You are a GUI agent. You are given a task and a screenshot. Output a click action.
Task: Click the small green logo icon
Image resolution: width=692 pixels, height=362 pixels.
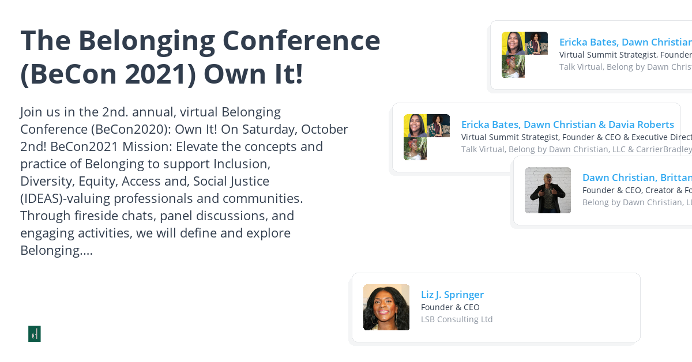(x=35, y=334)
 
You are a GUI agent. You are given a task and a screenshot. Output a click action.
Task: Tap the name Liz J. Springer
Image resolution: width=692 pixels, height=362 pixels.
(x=452, y=295)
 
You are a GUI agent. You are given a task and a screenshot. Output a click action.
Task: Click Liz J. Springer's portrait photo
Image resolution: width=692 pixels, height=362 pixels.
(x=386, y=307)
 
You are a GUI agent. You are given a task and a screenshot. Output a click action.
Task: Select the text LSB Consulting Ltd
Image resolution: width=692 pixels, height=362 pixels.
(x=457, y=319)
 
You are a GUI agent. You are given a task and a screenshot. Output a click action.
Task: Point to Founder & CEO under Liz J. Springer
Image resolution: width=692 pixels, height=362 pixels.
(x=450, y=307)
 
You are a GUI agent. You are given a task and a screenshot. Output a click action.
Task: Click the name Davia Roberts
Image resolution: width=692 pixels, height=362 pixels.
(x=641, y=125)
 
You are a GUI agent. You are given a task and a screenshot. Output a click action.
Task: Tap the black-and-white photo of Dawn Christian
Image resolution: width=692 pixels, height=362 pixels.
(x=548, y=190)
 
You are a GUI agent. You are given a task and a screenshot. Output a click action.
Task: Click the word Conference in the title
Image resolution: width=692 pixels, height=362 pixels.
(x=301, y=40)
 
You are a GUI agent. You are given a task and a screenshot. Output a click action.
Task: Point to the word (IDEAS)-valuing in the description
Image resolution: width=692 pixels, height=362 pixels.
(x=65, y=198)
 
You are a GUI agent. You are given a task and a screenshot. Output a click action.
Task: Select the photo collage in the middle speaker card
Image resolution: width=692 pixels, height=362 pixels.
(x=426, y=137)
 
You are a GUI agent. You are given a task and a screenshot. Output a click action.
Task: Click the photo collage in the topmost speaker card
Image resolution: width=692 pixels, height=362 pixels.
(x=524, y=55)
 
